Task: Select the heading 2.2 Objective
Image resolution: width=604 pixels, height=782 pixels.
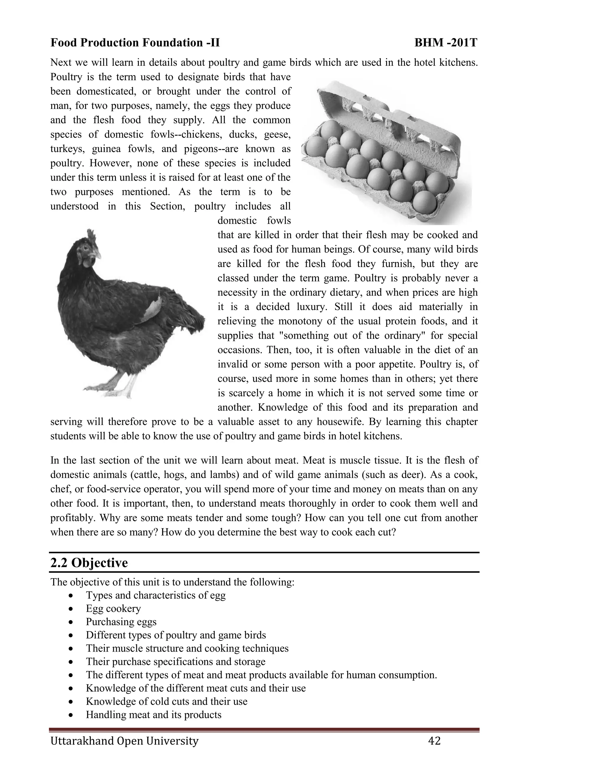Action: [89, 562]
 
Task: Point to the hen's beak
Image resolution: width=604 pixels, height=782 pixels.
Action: [98, 255]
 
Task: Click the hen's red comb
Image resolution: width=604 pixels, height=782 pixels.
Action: [92, 236]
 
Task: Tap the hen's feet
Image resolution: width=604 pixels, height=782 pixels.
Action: [111, 390]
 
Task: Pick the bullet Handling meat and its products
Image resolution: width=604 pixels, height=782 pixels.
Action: [153, 715]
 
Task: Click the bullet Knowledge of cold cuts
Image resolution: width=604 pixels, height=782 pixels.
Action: [166, 701]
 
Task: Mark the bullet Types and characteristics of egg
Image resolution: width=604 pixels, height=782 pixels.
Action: [156, 596]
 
